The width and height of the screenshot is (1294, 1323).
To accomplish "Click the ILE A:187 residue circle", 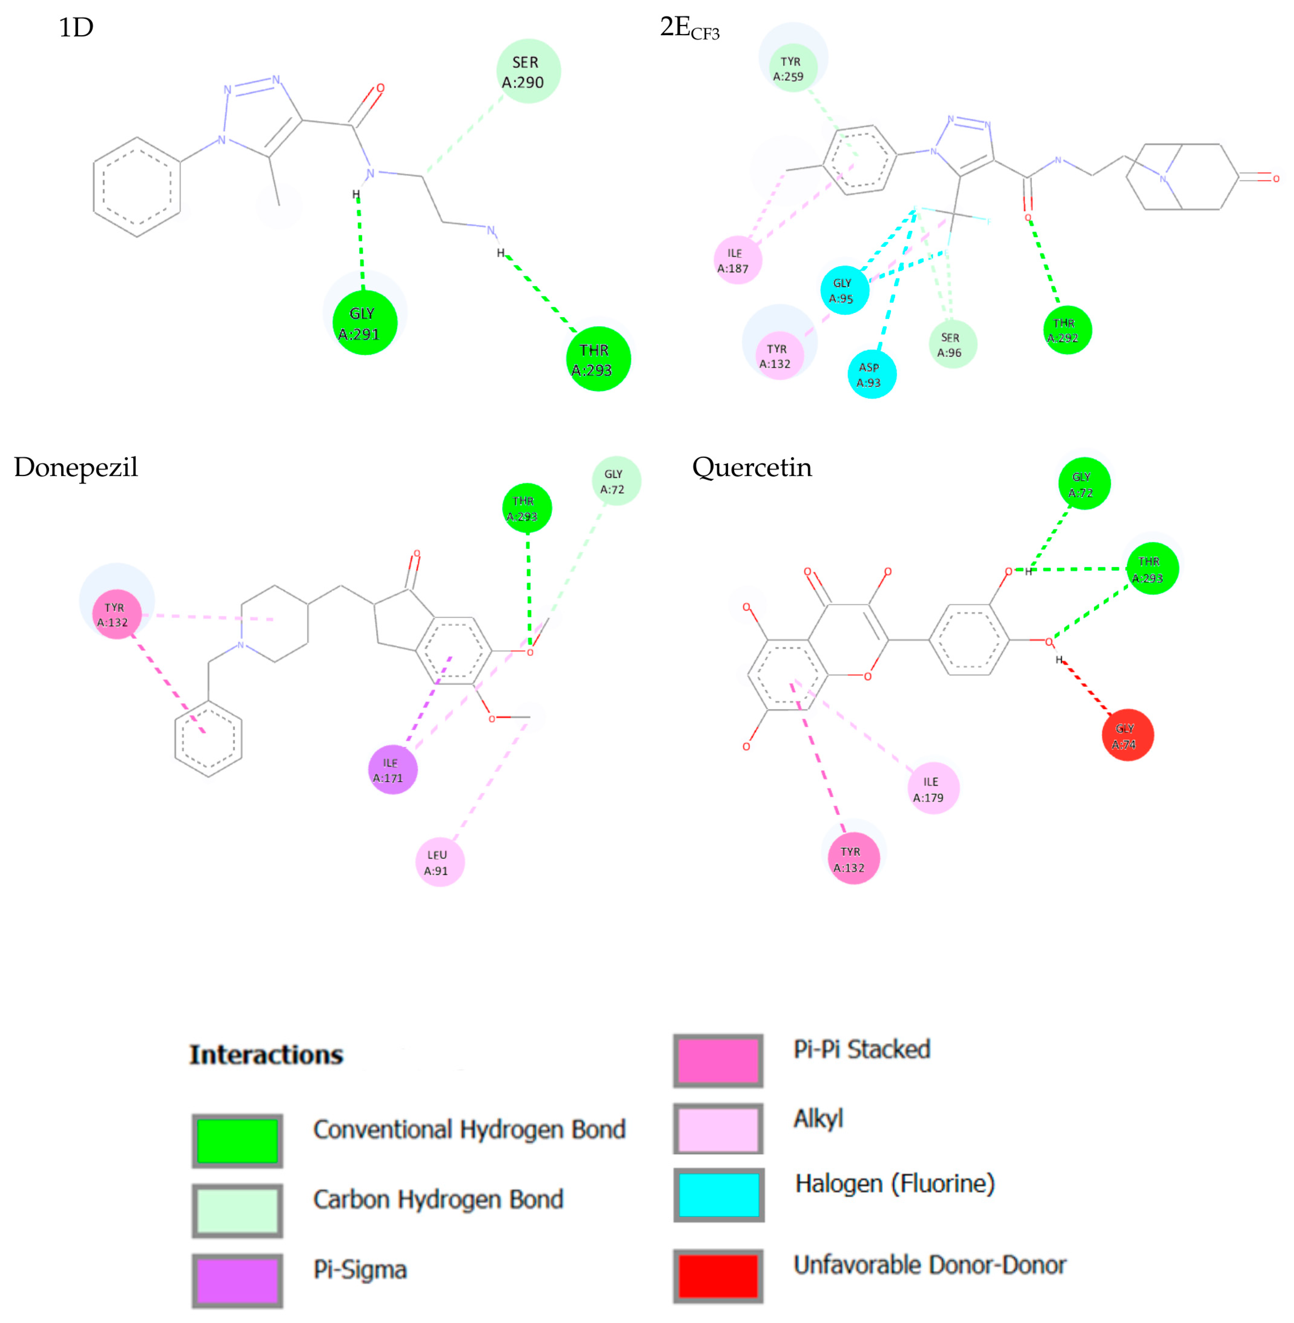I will [737, 260].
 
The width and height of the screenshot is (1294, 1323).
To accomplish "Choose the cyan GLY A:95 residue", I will [844, 290].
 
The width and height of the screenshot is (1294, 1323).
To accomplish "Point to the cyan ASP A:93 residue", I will [871, 374].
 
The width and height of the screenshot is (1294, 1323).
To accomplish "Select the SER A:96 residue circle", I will [952, 344].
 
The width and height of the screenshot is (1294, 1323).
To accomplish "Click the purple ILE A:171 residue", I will [392, 770].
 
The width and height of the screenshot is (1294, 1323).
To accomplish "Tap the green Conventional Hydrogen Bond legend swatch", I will [237, 1142].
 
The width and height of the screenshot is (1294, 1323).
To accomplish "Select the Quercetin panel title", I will [752, 467].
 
